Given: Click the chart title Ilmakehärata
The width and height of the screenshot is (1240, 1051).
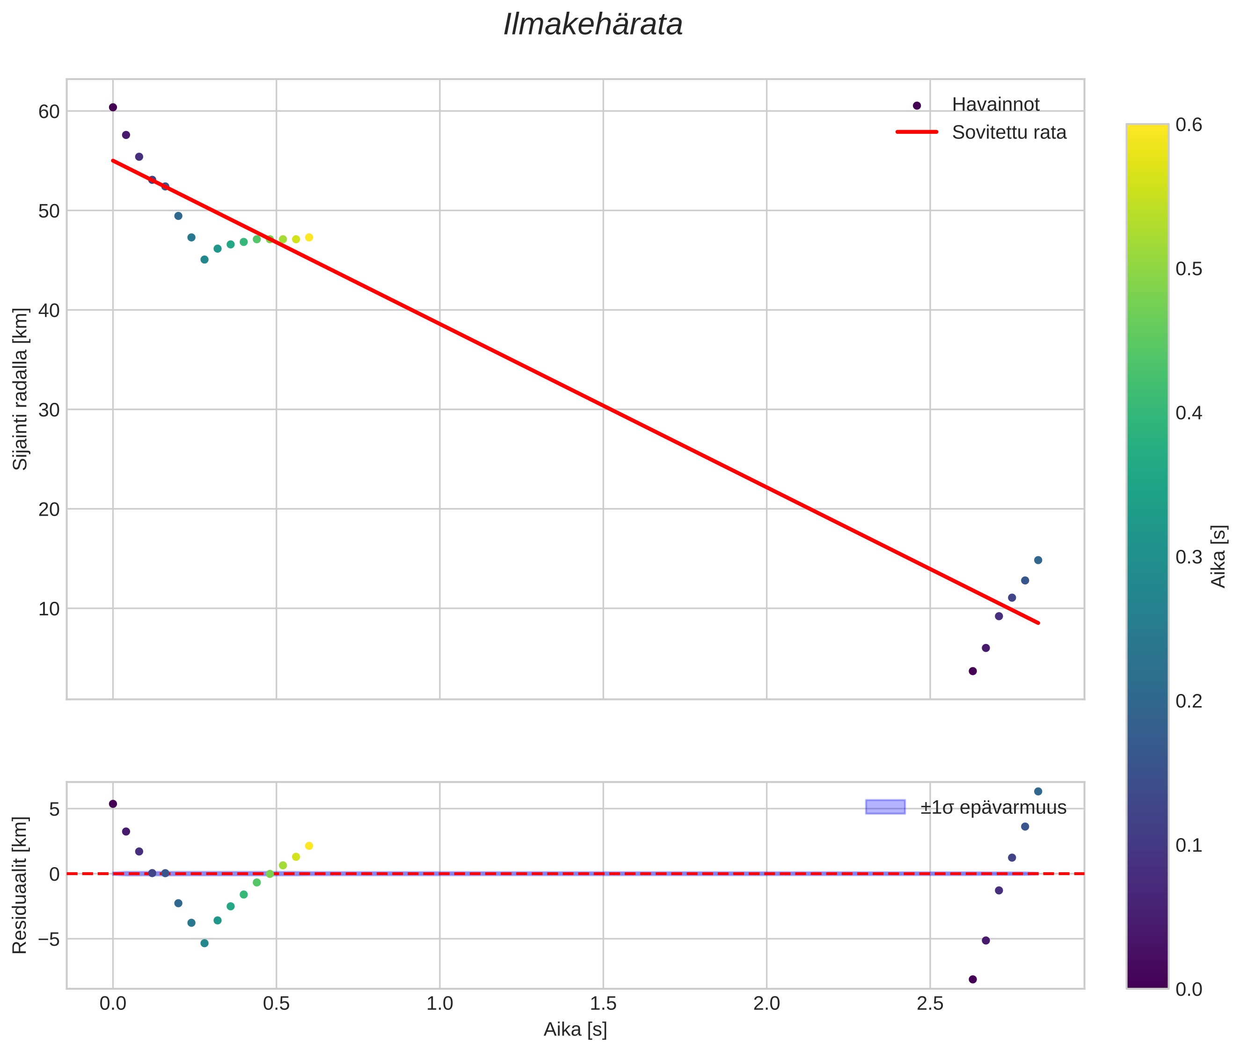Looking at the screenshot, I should coord(592,25).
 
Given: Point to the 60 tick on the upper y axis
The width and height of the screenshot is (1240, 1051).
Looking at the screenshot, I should coord(49,111).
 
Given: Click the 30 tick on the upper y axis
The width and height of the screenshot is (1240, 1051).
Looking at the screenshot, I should coord(49,410).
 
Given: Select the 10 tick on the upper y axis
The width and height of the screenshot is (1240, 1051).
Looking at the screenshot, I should coord(49,609).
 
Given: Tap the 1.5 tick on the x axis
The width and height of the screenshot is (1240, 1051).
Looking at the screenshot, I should coord(603,1004).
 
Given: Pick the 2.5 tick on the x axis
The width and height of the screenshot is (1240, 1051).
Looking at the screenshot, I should coord(930,1004).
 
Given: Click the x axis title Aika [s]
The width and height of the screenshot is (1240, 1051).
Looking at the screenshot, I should coord(575,1029).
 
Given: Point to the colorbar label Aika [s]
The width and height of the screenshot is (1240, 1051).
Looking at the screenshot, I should coord(1218,556).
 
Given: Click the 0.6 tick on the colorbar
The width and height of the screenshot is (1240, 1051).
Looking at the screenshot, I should coord(1188,124).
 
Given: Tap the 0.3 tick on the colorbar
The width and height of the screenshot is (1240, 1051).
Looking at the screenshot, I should coord(1188,557).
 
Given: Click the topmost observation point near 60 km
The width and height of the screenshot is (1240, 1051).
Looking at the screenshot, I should coord(113,107).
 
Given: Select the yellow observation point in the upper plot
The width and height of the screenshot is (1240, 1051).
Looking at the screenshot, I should coord(309,238).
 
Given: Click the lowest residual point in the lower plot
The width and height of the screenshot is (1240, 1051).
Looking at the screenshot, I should coord(972,979).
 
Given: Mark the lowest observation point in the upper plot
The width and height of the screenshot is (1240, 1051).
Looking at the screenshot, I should coord(972,671).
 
